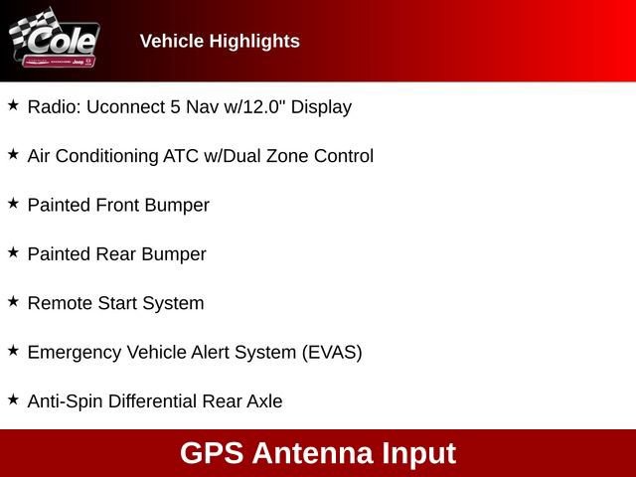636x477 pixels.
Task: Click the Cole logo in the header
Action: [56, 40]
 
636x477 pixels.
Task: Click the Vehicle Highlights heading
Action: [220, 41]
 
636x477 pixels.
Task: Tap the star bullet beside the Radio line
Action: [13, 105]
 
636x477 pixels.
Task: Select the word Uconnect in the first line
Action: [120, 106]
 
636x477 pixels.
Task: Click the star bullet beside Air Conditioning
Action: [13, 154]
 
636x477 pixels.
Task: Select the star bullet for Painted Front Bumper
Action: [13, 203]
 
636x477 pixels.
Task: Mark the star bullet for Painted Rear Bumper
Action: [13, 252]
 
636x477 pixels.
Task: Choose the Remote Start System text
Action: [115, 303]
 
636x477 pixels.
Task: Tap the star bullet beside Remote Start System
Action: [13, 301]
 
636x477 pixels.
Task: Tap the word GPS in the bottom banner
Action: [212, 453]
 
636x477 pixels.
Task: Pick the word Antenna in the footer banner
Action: [313, 453]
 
